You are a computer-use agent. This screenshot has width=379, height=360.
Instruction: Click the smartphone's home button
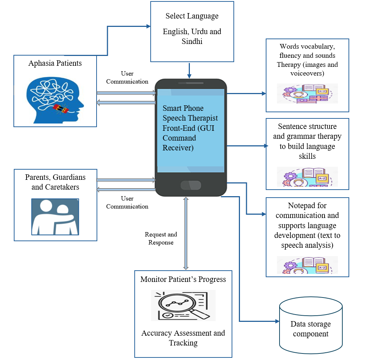point(191,185)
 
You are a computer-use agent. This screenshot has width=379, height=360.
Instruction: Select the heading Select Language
point(192,16)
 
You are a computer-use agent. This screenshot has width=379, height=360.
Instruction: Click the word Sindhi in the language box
point(192,41)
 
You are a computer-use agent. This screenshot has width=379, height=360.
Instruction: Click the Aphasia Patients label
point(55,63)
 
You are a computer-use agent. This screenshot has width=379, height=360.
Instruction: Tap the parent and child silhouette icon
point(55,217)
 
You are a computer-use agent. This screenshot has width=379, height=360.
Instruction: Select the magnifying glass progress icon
point(183,305)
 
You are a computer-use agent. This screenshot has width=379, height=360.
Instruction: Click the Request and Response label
point(161,238)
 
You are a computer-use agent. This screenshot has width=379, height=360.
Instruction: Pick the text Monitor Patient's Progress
point(183,279)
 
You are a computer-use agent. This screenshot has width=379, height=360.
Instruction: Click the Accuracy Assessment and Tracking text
point(183,338)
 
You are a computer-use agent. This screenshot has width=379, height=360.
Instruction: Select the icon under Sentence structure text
point(307,177)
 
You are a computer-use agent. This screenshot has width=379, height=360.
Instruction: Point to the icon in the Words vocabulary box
point(307,94)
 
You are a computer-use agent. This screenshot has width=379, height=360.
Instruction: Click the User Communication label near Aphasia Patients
point(127,78)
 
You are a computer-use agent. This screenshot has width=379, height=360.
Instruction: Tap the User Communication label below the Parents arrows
point(127,202)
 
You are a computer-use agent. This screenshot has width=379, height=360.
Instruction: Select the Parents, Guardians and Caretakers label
point(55,182)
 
